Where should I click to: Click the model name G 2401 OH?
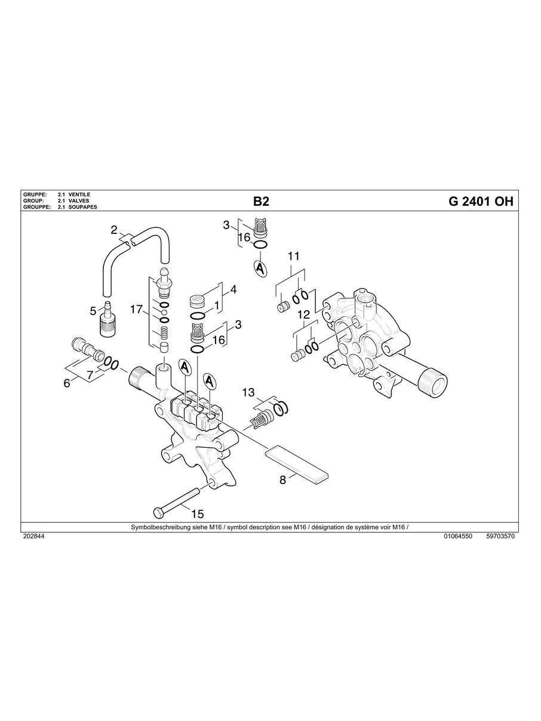(x=480, y=202)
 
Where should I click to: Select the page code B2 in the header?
(x=262, y=202)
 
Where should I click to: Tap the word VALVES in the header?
(x=79, y=201)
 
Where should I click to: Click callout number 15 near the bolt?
(x=197, y=513)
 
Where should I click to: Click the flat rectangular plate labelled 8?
(x=297, y=464)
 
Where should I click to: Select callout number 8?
(x=283, y=480)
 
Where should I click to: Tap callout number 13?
(x=248, y=392)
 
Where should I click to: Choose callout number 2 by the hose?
(x=113, y=229)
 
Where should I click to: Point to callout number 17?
(x=136, y=309)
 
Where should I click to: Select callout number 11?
(x=293, y=256)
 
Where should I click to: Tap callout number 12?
(x=303, y=314)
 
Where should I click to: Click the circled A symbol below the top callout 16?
(x=260, y=269)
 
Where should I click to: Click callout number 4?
(x=233, y=289)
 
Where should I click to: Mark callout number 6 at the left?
(x=67, y=383)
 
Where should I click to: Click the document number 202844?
(x=33, y=537)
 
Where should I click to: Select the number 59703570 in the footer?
(x=500, y=537)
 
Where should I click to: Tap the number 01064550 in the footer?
(x=458, y=537)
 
